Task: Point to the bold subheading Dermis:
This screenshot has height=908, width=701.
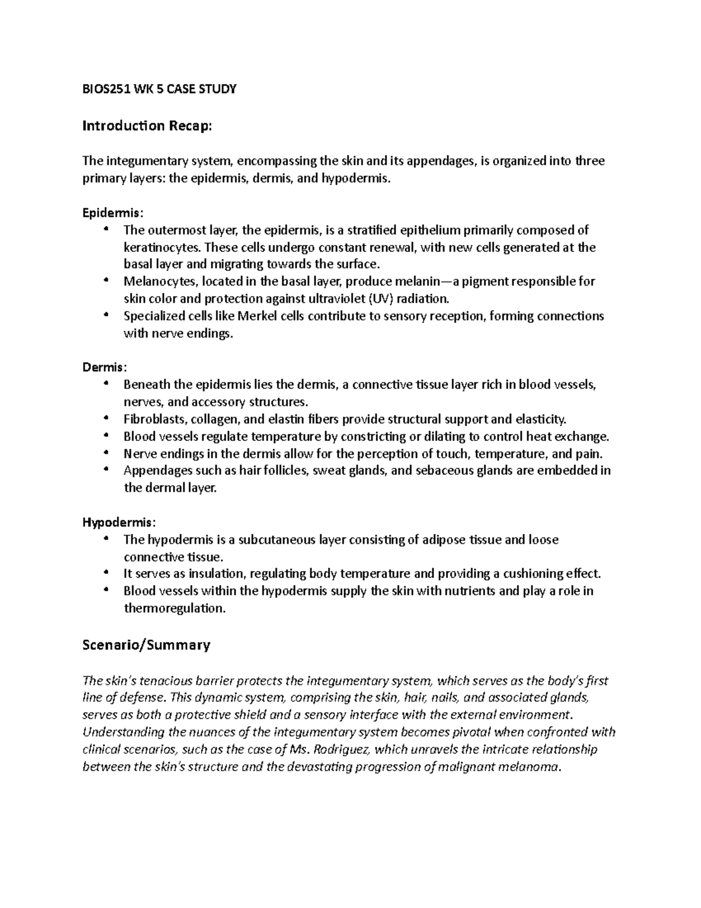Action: click(x=104, y=367)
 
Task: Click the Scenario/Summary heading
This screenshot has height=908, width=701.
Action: click(x=146, y=645)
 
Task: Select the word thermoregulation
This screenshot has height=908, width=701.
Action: click(x=174, y=608)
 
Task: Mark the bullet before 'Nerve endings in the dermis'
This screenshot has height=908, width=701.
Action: click(x=106, y=453)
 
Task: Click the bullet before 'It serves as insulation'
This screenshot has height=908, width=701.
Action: click(x=106, y=573)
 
